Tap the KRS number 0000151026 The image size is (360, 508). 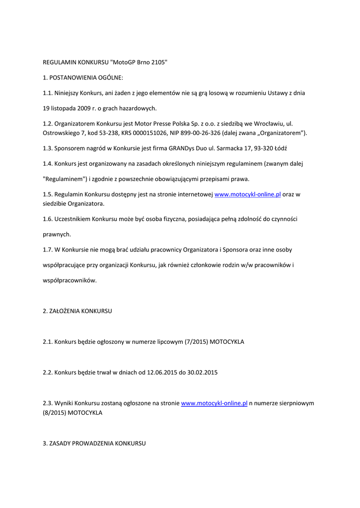150,133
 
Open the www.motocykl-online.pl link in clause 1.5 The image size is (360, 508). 247,194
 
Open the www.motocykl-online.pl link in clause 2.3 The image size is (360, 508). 214,404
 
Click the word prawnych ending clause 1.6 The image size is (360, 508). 57,234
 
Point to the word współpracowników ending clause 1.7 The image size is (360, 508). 70,280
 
